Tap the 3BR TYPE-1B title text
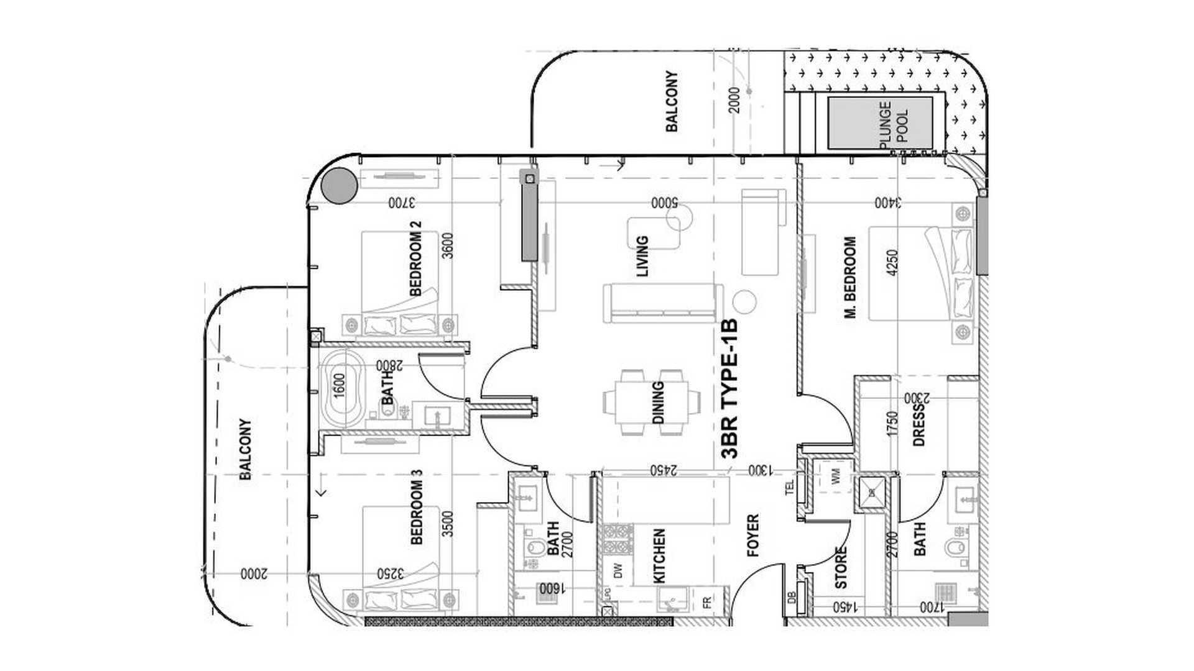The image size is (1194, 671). (730, 389)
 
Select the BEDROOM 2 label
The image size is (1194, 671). (415, 258)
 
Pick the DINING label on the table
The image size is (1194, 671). (658, 403)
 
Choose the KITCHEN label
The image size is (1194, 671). (659, 555)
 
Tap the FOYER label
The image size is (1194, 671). (752, 535)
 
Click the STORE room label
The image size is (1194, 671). (841, 567)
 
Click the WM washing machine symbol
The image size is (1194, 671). (836, 478)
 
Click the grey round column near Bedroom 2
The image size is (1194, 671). (339, 186)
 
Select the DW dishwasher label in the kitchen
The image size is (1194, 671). (618, 571)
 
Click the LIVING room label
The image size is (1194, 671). (642, 255)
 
